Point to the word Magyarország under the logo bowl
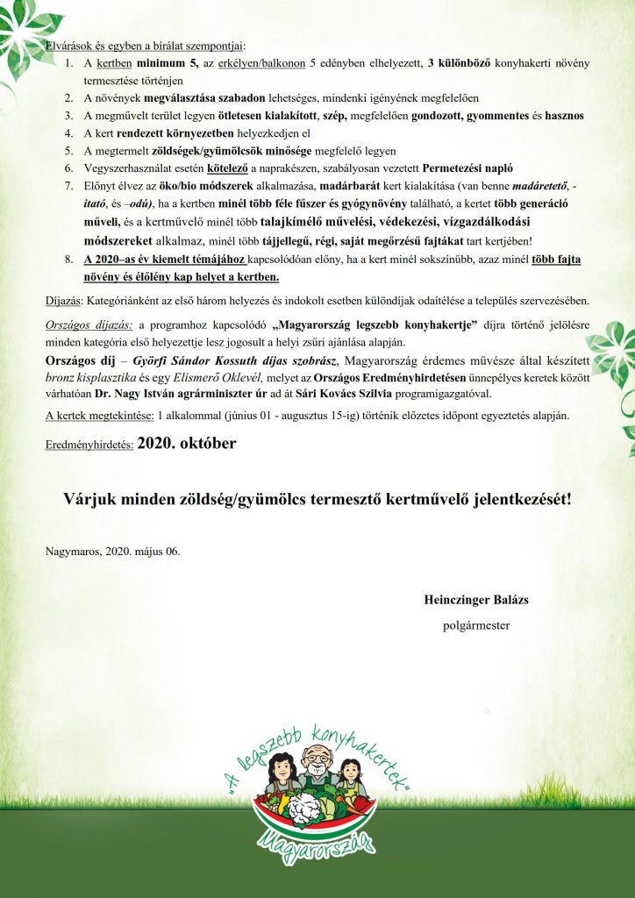(x=317, y=848)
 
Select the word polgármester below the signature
(x=476, y=626)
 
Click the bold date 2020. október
(x=186, y=444)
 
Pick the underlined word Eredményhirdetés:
(x=89, y=445)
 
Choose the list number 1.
(x=69, y=64)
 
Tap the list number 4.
(x=69, y=133)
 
